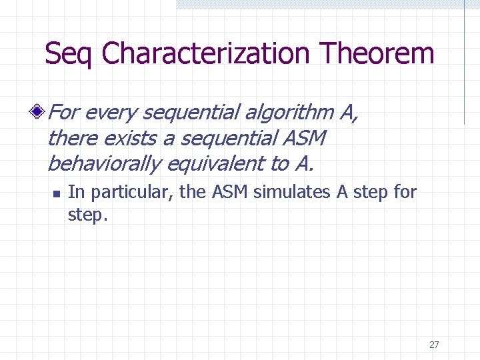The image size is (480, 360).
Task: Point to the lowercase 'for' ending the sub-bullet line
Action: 405,193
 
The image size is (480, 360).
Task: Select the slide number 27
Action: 434,345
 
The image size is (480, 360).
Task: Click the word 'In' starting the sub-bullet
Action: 76,193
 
